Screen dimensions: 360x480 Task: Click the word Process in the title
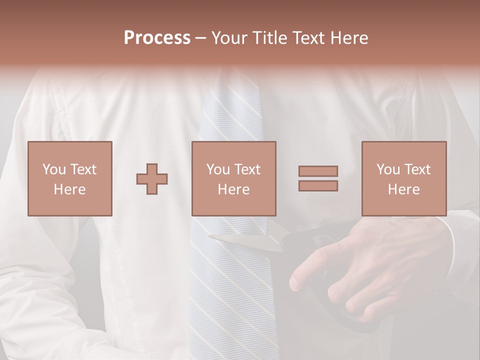[157, 38]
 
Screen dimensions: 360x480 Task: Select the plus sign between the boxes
[152, 179]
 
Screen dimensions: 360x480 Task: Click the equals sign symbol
[318, 178]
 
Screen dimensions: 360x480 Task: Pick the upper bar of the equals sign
[318, 171]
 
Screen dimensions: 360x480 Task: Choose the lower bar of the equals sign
[318, 186]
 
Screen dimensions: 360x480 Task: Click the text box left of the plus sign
[70, 178]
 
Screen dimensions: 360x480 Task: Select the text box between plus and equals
[234, 178]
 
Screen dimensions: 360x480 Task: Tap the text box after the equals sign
[404, 178]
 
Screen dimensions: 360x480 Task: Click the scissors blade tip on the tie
[212, 236]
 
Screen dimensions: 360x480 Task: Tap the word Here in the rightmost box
[404, 189]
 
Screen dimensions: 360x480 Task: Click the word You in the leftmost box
[53, 169]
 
